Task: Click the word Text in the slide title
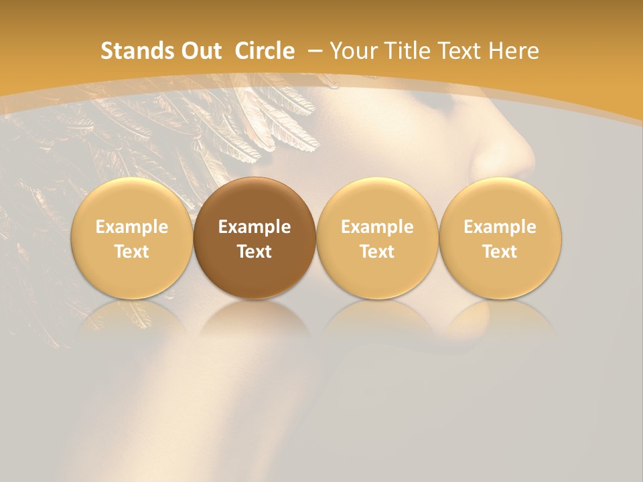[458, 51]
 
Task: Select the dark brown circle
[255, 238]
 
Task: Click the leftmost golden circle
[131, 238]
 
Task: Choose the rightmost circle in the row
[500, 238]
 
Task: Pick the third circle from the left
[377, 238]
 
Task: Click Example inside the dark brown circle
[255, 227]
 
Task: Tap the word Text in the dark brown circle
[255, 252]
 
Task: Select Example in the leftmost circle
[131, 227]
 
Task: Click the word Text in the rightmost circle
[500, 252]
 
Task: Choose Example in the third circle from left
[377, 227]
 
